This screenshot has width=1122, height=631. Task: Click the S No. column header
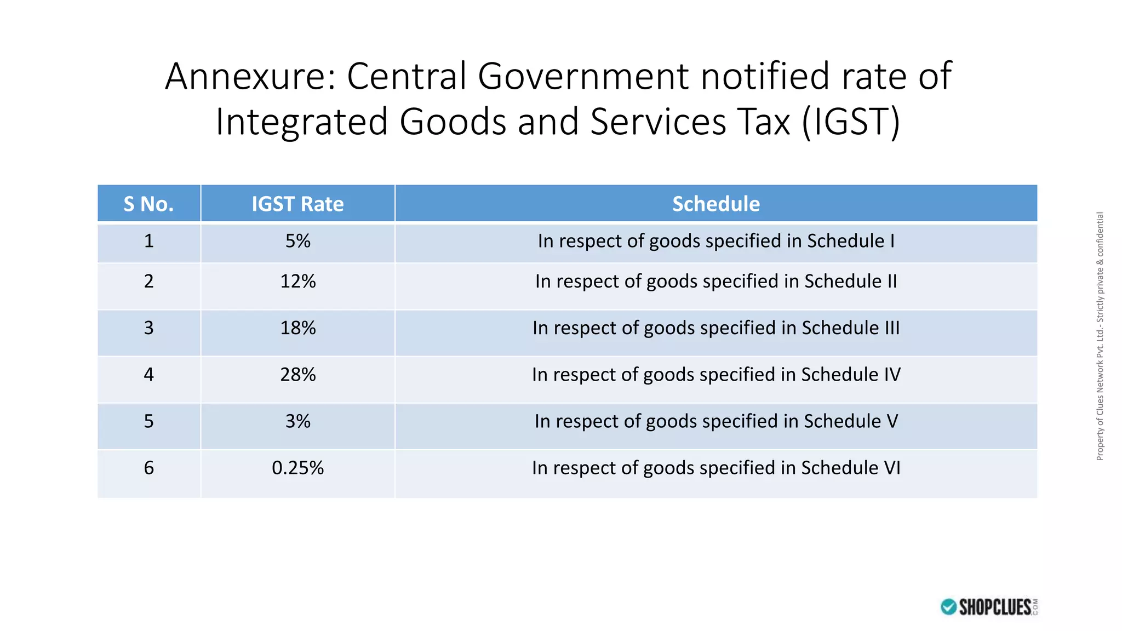(x=148, y=204)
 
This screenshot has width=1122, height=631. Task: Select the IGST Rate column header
(x=297, y=204)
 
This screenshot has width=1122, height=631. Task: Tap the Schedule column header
(x=715, y=204)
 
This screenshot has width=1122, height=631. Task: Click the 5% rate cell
(x=297, y=241)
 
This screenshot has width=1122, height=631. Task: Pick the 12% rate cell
(x=297, y=281)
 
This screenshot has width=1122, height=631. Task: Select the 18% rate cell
(x=297, y=328)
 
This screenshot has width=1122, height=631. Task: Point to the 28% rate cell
(x=297, y=374)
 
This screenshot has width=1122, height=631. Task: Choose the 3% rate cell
(x=297, y=421)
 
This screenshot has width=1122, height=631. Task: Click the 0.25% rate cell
(x=297, y=468)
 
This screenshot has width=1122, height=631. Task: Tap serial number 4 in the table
(x=148, y=374)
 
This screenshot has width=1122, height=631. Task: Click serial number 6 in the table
(x=148, y=468)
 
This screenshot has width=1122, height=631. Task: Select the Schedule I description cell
(x=715, y=241)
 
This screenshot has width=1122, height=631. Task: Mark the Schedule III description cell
(x=715, y=328)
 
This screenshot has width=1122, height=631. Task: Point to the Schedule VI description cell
(x=715, y=468)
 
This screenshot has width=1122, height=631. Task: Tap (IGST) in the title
(x=851, y=122)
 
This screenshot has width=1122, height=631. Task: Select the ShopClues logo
(x=989, y=607)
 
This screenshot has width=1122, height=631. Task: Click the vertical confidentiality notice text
(x=1100, y=336)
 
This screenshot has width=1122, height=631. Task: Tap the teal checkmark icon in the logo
(x=948, y=607)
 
